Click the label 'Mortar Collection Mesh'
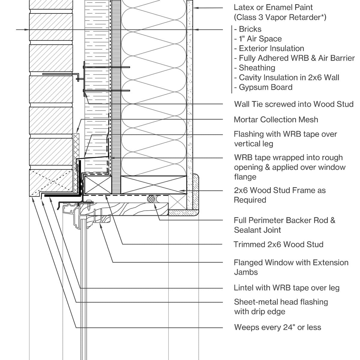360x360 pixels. click(276, 119)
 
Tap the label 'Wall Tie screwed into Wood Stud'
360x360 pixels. click(294, 104)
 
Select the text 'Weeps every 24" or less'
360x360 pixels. click(277, 327)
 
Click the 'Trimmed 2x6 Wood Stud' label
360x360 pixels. click(278, 244)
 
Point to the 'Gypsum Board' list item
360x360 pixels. click(265, 87)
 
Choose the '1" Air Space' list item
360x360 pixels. click(260, 39)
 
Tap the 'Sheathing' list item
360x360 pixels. click(257, 68)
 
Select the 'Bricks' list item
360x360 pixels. click(250, 29)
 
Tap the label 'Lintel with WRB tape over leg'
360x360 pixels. click(286, 288)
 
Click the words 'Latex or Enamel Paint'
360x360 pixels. click(273, 7)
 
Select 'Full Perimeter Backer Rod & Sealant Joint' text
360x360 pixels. click(284, 225)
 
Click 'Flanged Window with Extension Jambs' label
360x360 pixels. click(291, 267)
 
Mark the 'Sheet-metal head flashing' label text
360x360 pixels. click(281, 302)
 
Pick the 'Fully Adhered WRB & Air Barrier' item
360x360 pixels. click(296, 58)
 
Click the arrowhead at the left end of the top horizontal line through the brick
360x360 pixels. click(27, 29)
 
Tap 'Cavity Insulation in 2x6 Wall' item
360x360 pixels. click(289, 77)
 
